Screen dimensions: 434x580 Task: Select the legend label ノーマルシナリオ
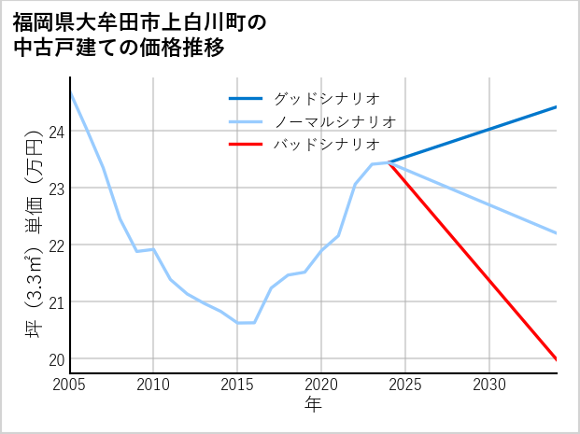coord(335,121)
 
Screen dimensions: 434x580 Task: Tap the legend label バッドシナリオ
coord(327,145)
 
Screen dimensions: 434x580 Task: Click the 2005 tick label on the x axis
coord(69,385)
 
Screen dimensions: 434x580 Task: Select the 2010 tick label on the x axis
coord(153,385)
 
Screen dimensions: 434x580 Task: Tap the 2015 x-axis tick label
coord(237,385)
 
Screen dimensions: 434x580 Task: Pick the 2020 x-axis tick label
coord(321,385)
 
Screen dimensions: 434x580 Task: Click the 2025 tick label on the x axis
coord(405,385)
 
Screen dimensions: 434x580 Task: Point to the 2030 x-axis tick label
coord(489,385)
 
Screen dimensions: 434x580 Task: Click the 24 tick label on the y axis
coord(55,132)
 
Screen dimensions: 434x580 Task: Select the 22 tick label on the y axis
coord(55,245)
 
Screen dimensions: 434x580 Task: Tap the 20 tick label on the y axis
coord(55,359)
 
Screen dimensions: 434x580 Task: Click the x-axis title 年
coord(313,404)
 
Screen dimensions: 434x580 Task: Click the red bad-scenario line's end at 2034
coord(557,359)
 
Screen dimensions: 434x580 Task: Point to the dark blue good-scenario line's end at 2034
coord(557,107)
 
